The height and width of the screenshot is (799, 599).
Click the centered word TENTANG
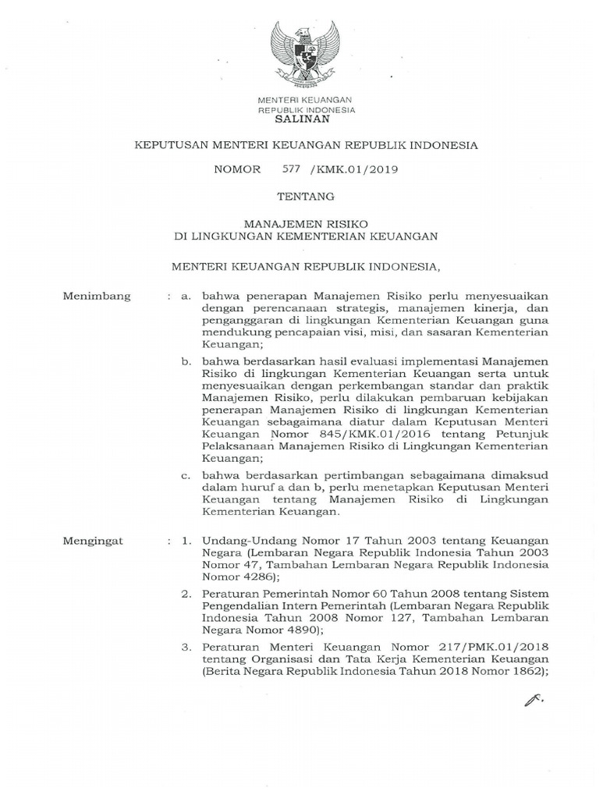pos(305,196)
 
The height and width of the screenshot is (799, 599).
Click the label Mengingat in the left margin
pos(95,539)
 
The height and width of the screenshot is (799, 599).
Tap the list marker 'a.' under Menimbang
pos(186,297)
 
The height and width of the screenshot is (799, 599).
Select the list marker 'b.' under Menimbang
pos(186,361)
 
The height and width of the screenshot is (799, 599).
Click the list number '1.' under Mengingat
pos(186,539)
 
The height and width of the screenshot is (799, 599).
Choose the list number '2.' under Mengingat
pos(186,593)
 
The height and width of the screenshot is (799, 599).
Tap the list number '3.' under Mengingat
pos(186,647)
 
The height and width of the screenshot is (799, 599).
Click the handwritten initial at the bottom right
pos(533,706)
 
